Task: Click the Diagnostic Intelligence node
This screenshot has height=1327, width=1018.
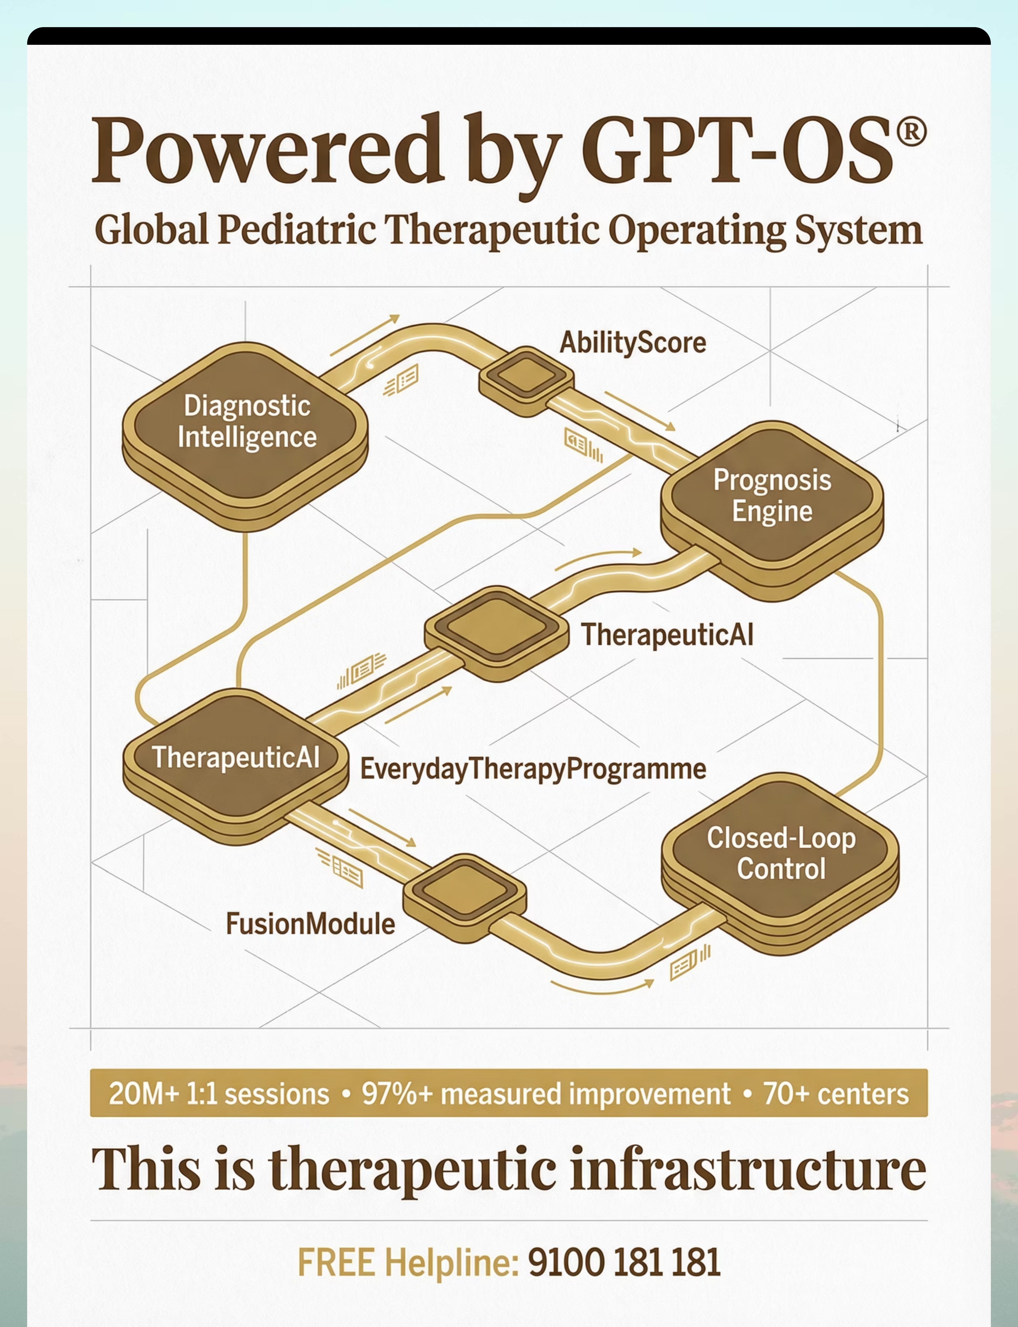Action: tap(245, 436)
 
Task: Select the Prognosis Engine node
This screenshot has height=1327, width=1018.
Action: tap(772, 509)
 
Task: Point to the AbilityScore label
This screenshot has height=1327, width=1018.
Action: tap(633, 343)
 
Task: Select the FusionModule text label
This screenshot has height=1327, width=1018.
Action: tap(310, 924)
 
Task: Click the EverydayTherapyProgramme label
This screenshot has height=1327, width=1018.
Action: tap(533, 769)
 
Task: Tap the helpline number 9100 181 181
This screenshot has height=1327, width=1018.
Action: tap(624, 1262)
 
